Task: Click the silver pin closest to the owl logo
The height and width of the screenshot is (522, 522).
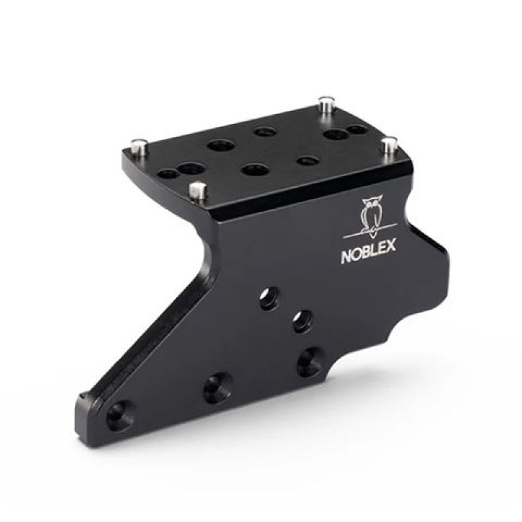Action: (390, 144)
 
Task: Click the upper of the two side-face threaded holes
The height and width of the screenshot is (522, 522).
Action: (268, 299)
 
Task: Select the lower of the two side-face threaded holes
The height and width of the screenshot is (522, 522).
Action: (300, 320)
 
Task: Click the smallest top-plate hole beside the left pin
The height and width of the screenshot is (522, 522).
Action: (168, 174)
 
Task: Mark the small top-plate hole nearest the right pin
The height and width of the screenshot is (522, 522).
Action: (356, 130)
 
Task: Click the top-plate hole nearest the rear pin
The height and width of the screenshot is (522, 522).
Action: (335, 135)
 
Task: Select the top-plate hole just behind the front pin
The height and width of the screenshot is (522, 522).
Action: (190, 170)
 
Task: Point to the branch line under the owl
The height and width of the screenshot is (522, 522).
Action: (369, 234)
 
